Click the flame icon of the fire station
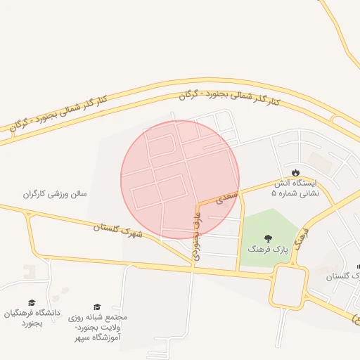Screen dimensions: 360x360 296,172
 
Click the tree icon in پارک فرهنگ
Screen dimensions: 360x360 267,238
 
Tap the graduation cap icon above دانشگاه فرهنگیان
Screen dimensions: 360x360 32,302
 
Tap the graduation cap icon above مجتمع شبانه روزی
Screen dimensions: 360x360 97,307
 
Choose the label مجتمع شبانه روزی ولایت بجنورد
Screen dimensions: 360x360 98,322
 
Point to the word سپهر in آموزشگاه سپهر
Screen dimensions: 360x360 85,338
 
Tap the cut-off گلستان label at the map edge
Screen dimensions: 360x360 344,277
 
